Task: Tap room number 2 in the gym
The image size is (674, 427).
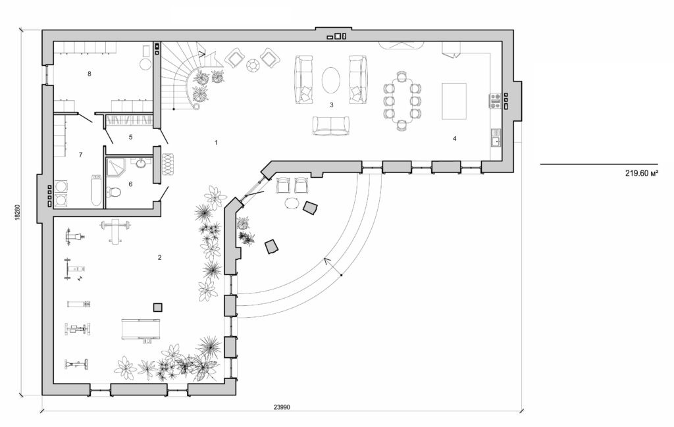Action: (x=159, y=257)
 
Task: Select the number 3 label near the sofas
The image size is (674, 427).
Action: (x=331, y=105)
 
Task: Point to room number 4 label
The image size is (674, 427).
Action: (x=454, y=139)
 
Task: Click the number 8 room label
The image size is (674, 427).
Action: (x=90, y=74)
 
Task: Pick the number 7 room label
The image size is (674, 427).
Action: (x=80, y=155)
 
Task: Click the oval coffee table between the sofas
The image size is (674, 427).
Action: (x=331, y=81)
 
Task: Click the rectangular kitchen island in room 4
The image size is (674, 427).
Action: (x=454, y=101)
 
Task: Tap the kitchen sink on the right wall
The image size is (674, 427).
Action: (x=495, y=138)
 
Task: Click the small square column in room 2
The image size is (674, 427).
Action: (x=157, y=307)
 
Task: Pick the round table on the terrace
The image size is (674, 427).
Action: (x=291, y=204)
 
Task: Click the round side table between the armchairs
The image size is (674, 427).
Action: (x=253, y=64)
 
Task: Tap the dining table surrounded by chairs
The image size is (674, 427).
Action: (x=402, y=101)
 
